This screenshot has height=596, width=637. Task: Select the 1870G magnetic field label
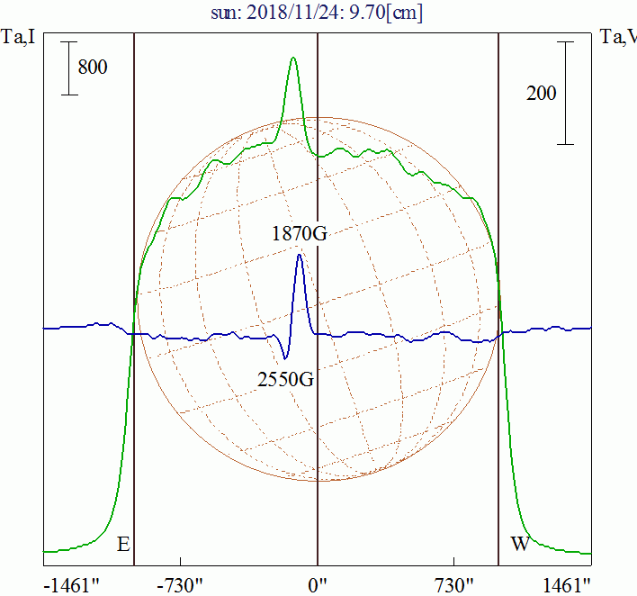point(300,234)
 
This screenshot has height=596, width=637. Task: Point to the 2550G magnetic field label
point(285,379)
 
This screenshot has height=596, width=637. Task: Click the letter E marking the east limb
point(123,545)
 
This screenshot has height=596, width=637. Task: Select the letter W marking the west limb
point(519,545)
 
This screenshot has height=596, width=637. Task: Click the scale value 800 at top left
point(93,68)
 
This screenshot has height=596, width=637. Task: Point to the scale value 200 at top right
point(542,93)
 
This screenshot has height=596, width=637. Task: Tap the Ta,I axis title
point(19,38)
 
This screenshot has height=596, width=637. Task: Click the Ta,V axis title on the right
point(618,38)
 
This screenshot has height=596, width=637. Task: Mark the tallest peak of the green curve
point(292,59)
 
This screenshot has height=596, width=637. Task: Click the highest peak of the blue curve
point(299,255)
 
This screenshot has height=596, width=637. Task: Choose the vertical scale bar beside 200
point(565,93)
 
